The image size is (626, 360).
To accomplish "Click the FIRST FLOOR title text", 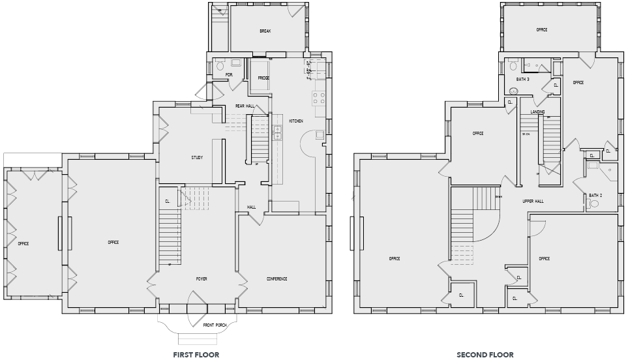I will [x=196, y=355].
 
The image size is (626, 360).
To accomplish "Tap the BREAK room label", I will [x=265, y=31].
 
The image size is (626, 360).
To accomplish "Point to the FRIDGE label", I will [x=263, y=78].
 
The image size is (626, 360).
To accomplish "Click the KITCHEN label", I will [x=296, y=121].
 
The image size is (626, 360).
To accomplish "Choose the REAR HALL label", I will [x=245, y=106].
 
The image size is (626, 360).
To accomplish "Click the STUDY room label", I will [x=197, y=158].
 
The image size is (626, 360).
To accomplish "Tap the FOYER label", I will [x=201, y=278].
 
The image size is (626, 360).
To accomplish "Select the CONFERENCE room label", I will [x=276, y=278].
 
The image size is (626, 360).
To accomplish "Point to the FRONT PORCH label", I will [x=215, y=325].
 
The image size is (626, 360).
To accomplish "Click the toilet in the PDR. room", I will [x=220, y=66].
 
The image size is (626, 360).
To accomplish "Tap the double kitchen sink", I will [x=277, y=132].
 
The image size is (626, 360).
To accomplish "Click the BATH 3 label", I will [x=522, y=80].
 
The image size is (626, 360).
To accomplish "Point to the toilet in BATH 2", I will [x=593, y=204].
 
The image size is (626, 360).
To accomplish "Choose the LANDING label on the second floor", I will [x=537, y=112].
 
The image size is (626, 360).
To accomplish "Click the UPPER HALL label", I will [x=533, y=201].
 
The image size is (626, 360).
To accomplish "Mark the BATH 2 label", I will [x=595, y=195].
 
